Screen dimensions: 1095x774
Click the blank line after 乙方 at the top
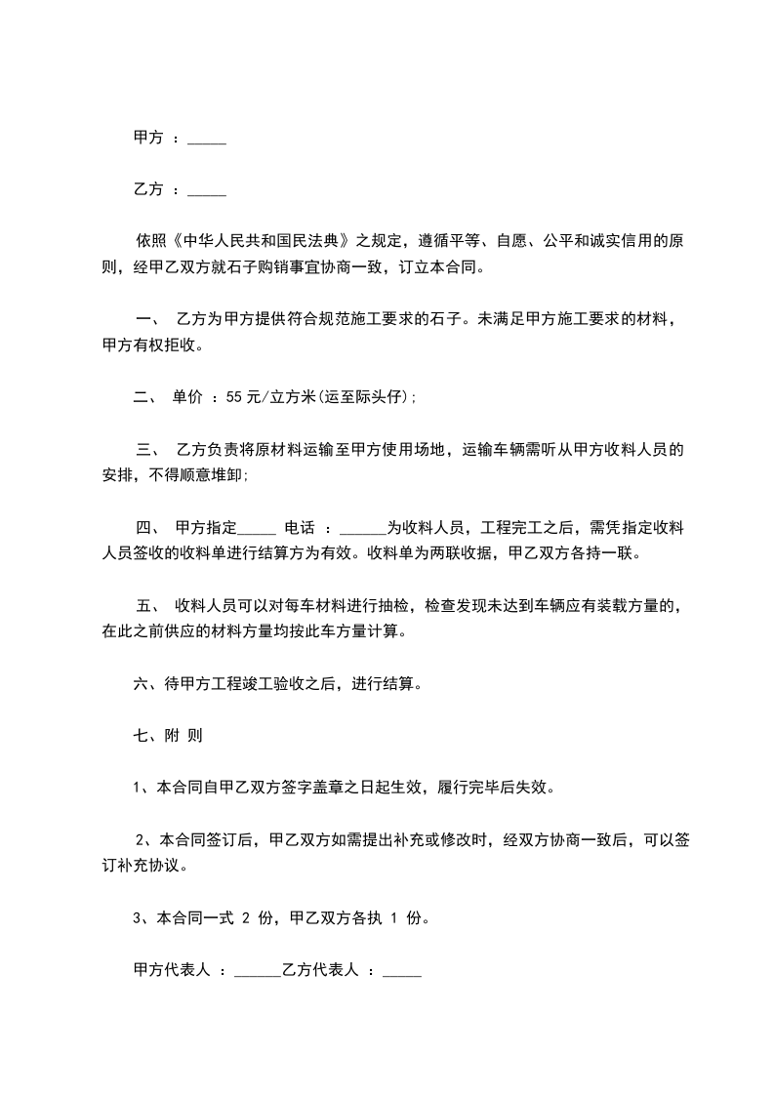click(206, 190)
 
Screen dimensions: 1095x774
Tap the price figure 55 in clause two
click(233, 397)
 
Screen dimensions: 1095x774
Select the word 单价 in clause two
click(188, 397)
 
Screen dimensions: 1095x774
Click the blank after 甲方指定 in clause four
click(257, 528)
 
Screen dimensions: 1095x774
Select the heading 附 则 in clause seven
click(186, 736)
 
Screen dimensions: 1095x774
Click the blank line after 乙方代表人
click(402, 971)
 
